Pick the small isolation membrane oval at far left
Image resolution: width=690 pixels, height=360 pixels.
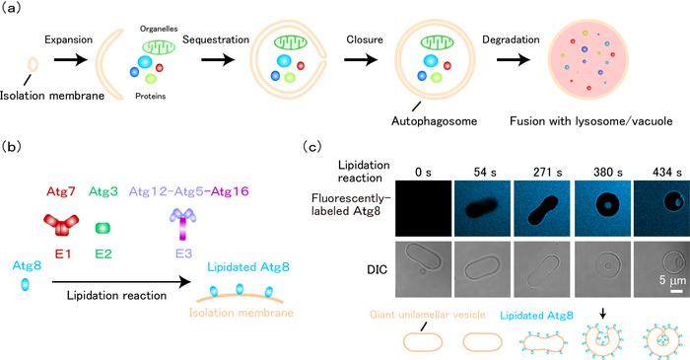(x=33, y=65)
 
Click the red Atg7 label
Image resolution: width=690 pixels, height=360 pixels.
(x=56, y=189)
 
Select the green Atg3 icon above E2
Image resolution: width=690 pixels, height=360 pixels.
(x=102, y=228)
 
